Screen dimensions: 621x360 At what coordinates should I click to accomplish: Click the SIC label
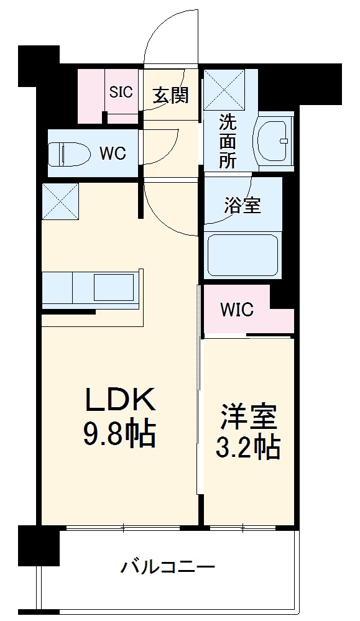point(121,92)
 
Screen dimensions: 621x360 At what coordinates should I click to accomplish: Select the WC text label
point(113,152)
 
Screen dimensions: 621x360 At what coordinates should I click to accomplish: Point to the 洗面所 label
point(227,142)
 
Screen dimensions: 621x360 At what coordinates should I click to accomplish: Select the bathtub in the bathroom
point(243,255)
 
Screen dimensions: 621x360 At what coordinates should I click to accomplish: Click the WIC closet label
point(237,310)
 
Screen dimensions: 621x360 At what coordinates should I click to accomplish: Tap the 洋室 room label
point(247,417)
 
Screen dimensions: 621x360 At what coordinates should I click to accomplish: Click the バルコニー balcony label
point(168,567)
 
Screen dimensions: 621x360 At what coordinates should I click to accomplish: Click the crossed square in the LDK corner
point(61,201)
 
